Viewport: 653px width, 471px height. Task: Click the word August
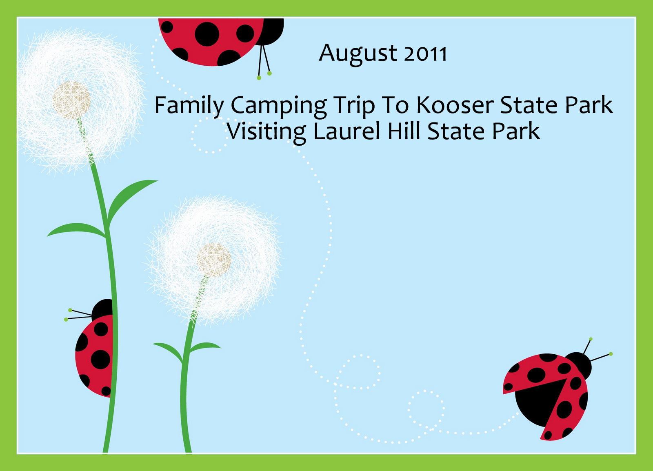pyautogui.click(x=358, y=54)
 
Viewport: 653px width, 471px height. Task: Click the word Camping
pyautogui.click(x=279, y=107)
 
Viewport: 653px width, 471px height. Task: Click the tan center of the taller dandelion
pyautogui.click(x=71, y=100)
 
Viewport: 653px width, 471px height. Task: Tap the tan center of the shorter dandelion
pyautogui.click(x=214, y=260)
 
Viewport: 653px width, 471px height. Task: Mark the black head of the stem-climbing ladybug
pyautogui.click(x=102, y=309)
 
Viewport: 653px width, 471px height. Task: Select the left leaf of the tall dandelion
pyautogui.click(x=76, y=230)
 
